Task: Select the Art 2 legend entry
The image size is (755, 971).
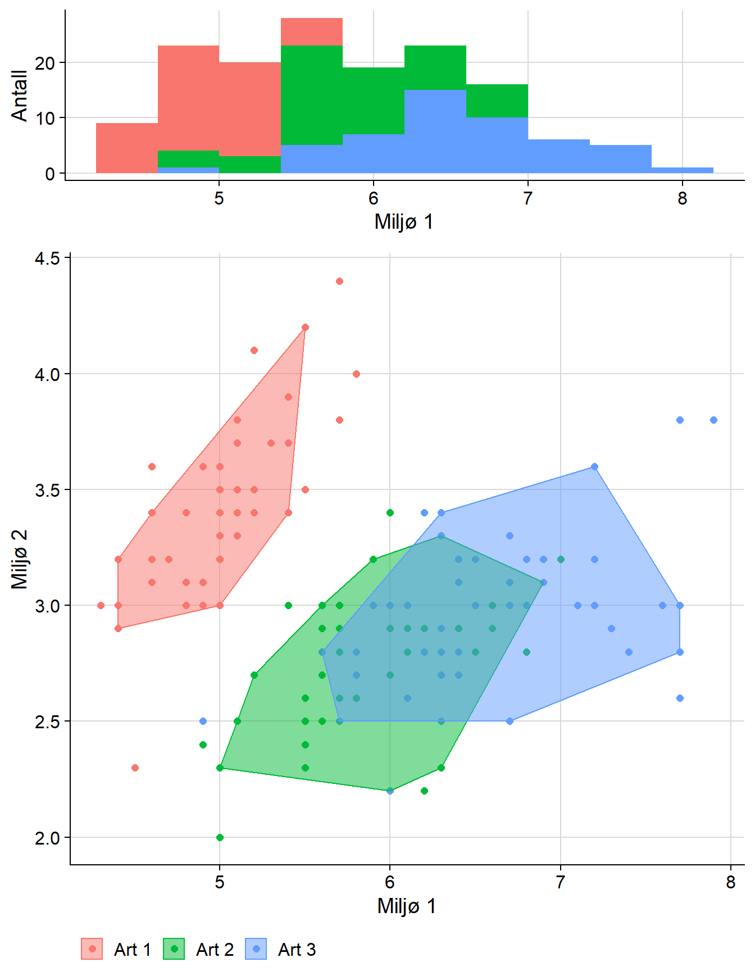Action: pyautogui.click(x=199, y=949)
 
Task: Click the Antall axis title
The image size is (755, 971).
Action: pyautogui.click(x=20, y=96)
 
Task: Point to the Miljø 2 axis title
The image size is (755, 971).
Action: pyautogui.click(x=20, y=559)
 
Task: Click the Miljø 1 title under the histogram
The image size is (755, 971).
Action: pyautogui.click(x=404, y=222)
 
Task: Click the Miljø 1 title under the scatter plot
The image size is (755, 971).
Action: pyautogui.click(x=407, y=906)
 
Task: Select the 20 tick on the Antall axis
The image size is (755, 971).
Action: pyautogui.click(x=45, y=63)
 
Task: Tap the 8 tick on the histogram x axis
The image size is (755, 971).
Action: pyautogui.click(x=682, y=198)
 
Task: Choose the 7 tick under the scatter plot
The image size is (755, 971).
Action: pyautogui.click(x=560, y=882)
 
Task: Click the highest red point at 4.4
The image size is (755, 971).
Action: pyautogui.click(x=339, y=282)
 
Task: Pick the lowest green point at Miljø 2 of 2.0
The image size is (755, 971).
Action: pyautogui.click(x=220, y=837)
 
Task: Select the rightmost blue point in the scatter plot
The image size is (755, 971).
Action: pyautogui.click(x=713, y=420)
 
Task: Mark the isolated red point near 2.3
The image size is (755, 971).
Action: pyautogui.click(x=135, y=768)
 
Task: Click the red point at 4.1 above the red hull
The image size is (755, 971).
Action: pyautogui.click(x=254, y=351)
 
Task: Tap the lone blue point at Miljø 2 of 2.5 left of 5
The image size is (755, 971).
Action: pyautogui.click(x=203, y=721)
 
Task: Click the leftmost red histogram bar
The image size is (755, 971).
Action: pyautogui.click(x=127, y=148)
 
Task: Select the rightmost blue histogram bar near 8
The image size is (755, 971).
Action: pyautogui.click(x=682, y=170)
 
